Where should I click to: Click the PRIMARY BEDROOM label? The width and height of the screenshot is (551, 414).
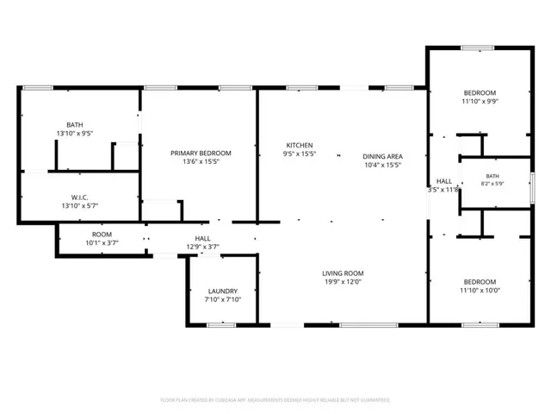201,154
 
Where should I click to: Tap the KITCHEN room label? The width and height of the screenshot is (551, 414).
300,145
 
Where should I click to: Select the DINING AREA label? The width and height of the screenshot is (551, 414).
382,156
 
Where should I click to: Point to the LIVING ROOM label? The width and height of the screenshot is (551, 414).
343,273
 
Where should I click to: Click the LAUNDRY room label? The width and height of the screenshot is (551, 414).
223,292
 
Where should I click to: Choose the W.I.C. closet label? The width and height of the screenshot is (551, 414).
80,198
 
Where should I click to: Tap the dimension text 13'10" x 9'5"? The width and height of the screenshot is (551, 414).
75,134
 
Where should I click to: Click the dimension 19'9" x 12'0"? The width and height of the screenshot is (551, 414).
343,282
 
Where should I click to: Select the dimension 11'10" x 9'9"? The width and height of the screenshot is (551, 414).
480,102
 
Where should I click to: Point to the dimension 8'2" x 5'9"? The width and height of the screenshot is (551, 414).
492,184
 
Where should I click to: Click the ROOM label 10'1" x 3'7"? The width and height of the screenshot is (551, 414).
102,235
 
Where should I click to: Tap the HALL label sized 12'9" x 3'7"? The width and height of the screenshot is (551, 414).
203,238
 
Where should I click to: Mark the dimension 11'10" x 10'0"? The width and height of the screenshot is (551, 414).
480,291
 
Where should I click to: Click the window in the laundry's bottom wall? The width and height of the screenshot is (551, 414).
221,325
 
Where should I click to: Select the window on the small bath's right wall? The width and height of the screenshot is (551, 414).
532,188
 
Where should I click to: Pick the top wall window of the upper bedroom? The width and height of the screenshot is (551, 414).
478,48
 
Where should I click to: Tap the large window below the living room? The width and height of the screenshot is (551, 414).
368,325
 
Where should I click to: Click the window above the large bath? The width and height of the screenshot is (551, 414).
38,88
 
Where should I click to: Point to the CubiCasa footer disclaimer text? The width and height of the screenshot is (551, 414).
275,400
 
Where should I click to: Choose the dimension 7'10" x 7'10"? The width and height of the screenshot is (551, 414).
223,299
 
